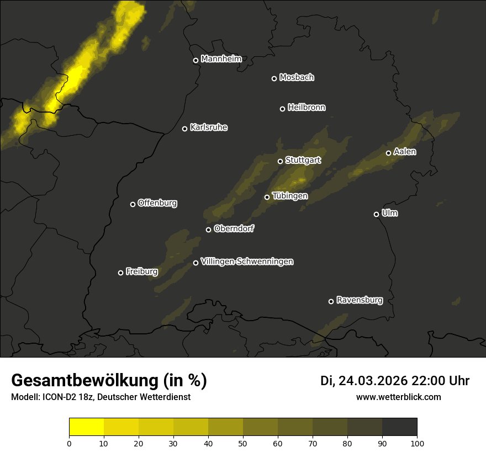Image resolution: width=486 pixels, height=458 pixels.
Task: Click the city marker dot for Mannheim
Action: pos(196,61)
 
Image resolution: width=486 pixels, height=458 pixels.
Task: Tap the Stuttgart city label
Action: pos(303,161)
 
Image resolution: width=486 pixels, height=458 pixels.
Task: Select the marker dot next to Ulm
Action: pos(376,214)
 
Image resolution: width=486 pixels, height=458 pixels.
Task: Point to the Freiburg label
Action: pos(141,271)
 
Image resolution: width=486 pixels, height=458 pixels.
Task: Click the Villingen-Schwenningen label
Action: pos(247,262)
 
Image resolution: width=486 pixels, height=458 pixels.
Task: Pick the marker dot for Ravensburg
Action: pos(331,301)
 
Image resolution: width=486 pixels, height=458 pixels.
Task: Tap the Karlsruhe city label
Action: pos(208,127)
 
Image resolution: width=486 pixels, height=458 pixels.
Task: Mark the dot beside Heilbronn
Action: pos(282,109)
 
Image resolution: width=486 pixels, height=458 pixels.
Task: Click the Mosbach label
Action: pos(297,78)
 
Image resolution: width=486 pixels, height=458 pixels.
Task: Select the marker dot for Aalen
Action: pos(388,153)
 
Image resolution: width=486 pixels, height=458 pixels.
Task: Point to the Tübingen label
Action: pos(290,196)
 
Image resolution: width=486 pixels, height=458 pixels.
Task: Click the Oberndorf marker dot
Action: pos(208,230)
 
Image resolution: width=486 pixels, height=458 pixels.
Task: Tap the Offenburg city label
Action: pos(157,203)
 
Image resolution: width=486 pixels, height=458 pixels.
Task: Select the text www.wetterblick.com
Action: pos(398,397)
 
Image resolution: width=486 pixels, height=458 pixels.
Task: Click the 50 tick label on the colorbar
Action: pos(243,443)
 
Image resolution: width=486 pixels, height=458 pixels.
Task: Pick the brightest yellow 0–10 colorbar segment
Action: pos(87,427)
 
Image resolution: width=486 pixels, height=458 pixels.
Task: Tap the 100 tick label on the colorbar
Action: pos(416,443)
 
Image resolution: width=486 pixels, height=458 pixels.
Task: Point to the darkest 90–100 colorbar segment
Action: pos(399,427)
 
